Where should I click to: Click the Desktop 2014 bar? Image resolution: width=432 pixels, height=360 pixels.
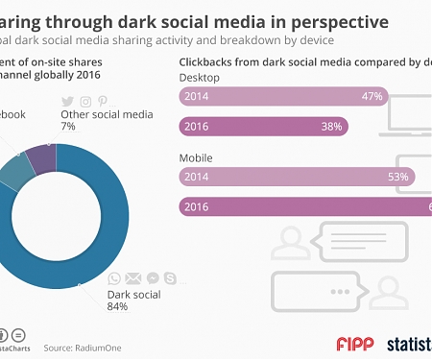pos(283,96)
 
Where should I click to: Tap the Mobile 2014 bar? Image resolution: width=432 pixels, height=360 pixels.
pos(297,176)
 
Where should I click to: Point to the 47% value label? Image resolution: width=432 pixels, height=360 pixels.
pos(372,96)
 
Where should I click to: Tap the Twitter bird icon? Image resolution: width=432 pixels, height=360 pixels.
pos(67,101)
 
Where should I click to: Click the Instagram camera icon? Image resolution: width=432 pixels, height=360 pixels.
pos(84,101)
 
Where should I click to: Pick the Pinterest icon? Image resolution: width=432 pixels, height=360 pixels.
pos(102,101)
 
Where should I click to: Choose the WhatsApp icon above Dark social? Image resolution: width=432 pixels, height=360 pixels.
pos(114,278)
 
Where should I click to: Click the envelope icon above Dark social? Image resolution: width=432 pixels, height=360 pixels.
pos(132,278)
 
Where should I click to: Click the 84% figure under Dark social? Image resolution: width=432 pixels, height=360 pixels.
pos(117,306)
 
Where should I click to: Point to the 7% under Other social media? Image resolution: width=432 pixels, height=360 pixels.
pos(67,127)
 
